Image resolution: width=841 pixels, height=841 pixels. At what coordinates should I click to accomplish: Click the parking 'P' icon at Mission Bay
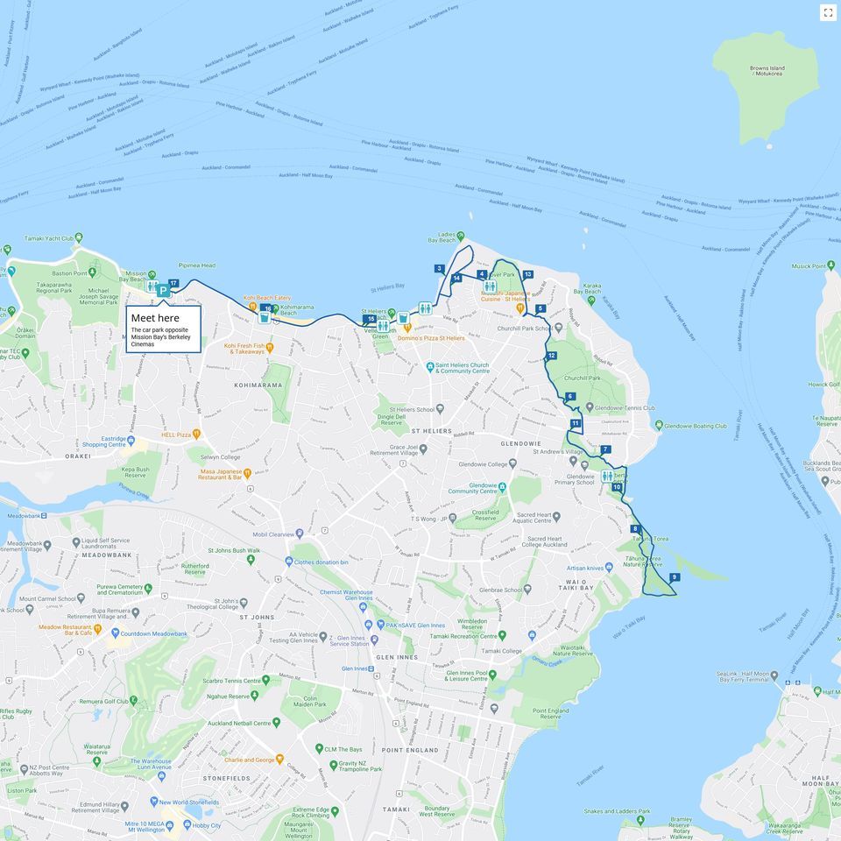click(x=163, y=290)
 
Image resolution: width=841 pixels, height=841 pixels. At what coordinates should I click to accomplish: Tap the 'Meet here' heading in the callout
click(x=155, y=318)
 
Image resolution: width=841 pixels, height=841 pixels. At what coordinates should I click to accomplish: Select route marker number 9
click(x=674, y=576)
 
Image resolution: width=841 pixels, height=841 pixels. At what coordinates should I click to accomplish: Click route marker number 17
click(x=173, y=283)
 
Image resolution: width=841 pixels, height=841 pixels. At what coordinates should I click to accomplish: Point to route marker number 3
click(x=439, y=269)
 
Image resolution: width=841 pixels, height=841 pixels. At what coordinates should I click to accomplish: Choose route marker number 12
click(x=551, y=356)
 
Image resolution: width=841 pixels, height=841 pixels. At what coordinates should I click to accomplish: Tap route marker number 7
click(x=605, y=449)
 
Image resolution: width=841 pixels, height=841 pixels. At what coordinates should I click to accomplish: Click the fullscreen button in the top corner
click(x=827, y=12)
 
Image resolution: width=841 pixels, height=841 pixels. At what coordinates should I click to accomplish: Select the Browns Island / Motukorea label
click(x=767, y=71)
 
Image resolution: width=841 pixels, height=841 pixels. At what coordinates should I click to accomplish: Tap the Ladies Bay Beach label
click(x=447, y=237)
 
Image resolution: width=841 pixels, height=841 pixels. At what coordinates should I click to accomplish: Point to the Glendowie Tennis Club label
click(x=624, y=407)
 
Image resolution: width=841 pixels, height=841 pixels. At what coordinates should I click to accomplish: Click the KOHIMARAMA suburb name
click(x=258, y=385)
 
